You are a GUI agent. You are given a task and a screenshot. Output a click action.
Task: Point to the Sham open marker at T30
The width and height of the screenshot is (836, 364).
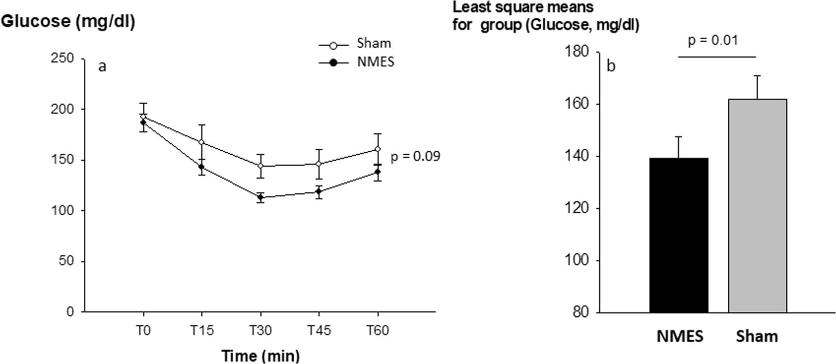click(x=261, y=166)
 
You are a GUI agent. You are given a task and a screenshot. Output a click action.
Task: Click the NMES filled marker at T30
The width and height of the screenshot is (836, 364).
click(x=261, y=197)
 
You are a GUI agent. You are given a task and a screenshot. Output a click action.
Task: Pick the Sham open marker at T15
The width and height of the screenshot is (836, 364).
click(x=202, y=142)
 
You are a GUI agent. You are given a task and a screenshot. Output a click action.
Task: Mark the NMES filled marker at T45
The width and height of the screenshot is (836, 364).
click(x=319, y=191)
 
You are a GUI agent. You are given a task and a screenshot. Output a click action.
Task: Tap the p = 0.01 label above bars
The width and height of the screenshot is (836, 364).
click(x=713, y=41)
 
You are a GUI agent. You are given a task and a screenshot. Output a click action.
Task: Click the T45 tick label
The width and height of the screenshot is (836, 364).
click(x=319, y=331)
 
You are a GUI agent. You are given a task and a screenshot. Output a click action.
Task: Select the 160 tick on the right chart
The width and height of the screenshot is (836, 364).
click(x=577, y=104)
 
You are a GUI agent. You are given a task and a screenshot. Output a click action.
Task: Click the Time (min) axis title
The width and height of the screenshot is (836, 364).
click(x=260, y=356)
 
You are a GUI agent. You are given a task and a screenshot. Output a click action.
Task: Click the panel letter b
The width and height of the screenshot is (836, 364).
click(x=611, y=67)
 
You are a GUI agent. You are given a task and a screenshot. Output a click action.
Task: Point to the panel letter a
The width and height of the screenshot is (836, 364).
click(x=102, y=67)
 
